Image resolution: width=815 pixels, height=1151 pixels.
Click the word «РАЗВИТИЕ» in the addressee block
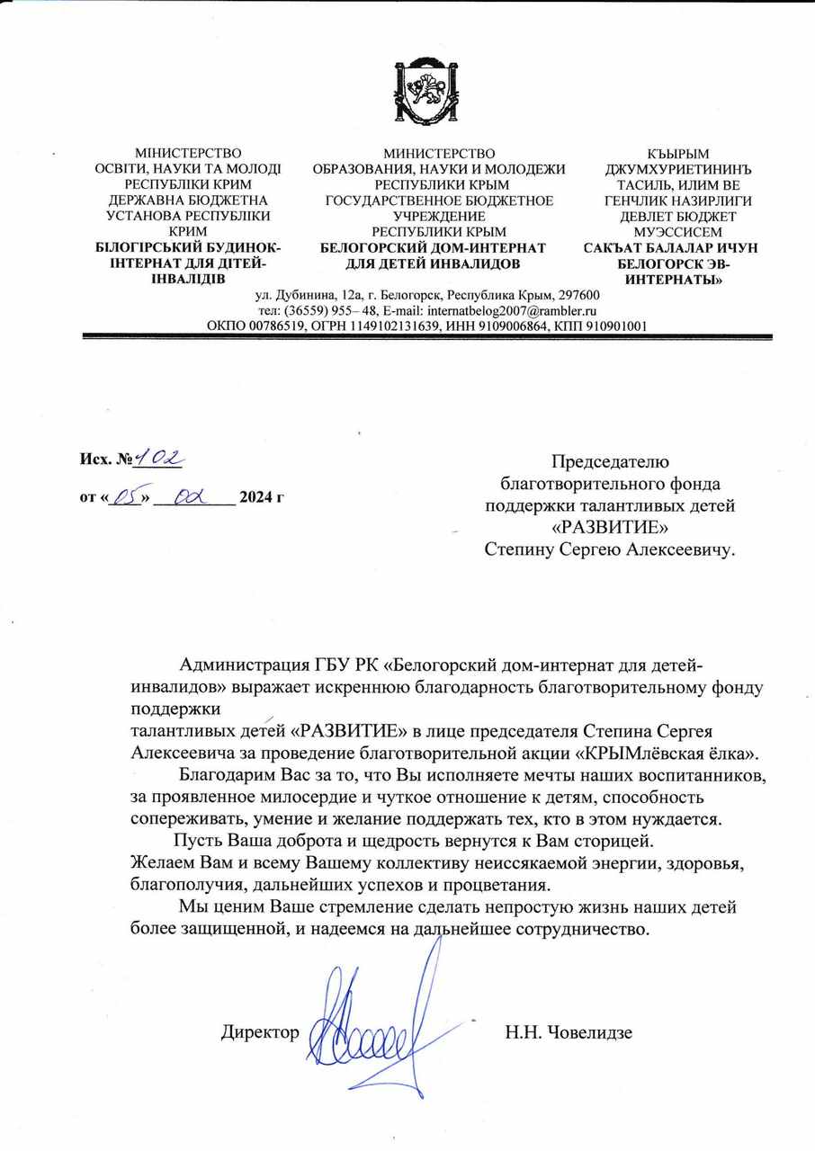pos(610,527)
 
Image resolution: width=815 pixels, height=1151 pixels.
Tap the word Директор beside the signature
pos(260,1033)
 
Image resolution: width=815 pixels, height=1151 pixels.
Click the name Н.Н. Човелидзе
pos(569,1032)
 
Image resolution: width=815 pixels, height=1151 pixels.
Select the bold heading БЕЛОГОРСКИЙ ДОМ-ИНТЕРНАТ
pos(434,247)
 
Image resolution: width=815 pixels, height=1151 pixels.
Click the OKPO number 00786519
pos(274,326)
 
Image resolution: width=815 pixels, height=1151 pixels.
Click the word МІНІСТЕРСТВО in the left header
pos(188,155)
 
